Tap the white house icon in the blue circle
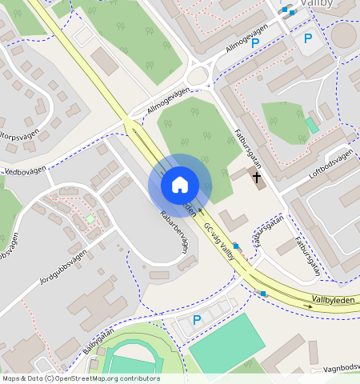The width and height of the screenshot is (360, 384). [179, 185]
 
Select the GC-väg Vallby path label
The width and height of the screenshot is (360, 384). [219, 237]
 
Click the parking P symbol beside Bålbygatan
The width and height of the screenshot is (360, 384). [197, 320]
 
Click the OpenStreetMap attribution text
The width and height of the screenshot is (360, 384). [80, 378]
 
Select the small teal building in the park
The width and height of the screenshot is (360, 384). [311, 125]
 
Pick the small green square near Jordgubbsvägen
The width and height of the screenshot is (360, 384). [90, 218]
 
